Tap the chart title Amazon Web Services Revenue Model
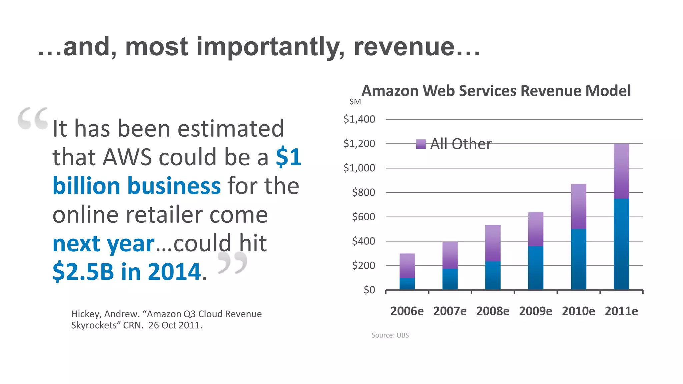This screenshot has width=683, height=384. (496, 91)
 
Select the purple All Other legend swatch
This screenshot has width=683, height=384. (421, 144)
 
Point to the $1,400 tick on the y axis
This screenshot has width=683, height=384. (359, 119)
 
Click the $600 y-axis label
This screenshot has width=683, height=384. (364, 217)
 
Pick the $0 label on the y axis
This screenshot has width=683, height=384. (369, 290)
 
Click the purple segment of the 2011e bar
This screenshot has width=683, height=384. (621, 171)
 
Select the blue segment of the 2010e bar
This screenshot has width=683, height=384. (579, 259)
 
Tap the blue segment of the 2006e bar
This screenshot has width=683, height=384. (407, 284)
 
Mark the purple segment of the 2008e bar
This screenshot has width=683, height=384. (493, 243)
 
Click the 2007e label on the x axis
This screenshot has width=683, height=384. (450, 311)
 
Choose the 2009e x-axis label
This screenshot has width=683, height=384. (536, 311)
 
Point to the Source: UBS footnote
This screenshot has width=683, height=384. (390, 335)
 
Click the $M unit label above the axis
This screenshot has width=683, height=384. (355, 102)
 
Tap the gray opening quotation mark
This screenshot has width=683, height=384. (33, 118)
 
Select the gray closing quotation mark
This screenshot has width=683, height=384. (233, 263)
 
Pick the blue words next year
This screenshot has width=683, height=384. (103, 244)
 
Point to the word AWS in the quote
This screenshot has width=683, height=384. (127, 157)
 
